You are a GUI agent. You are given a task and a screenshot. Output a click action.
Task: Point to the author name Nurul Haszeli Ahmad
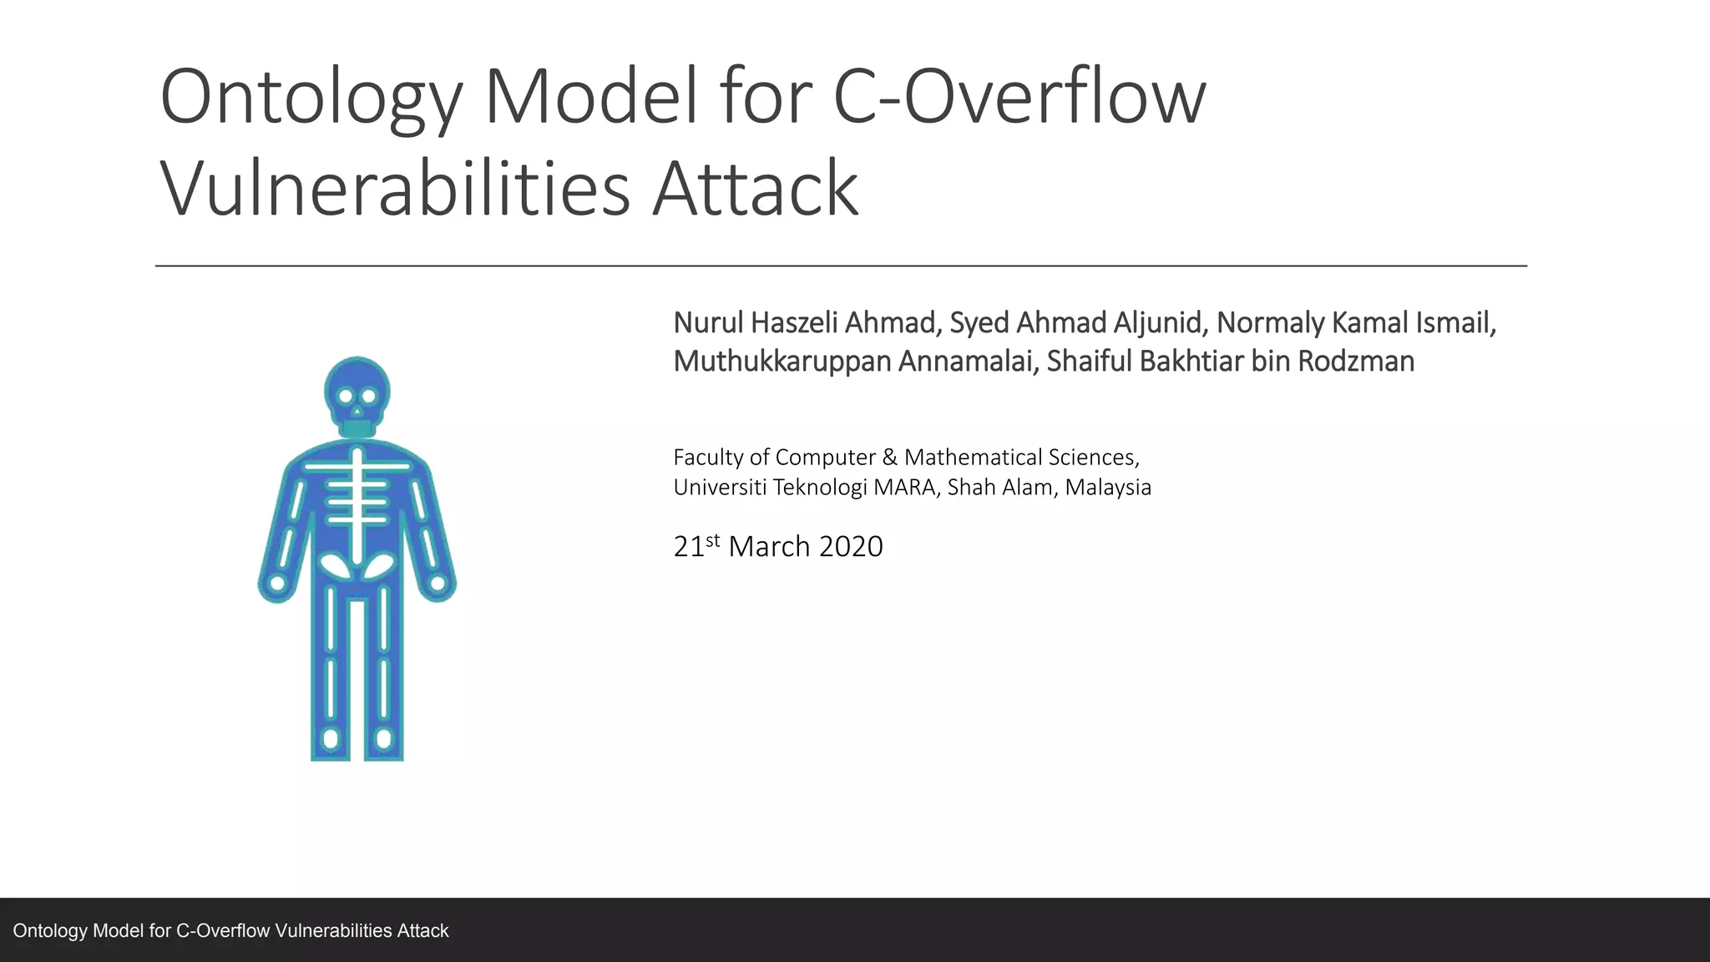806,323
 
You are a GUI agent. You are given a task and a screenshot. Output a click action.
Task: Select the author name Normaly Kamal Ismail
1353,323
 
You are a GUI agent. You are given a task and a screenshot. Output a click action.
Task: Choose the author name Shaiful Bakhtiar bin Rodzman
1231,362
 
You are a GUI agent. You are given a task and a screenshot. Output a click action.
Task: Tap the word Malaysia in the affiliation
1108,488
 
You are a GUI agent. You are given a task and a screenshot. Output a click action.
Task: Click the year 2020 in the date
851,547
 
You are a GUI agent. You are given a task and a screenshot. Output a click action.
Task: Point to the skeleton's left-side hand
276,585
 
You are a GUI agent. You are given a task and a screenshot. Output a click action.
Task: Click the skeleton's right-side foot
384,739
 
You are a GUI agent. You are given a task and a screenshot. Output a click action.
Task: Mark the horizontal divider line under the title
841,266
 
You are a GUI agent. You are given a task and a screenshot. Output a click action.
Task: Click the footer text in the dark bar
230,931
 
